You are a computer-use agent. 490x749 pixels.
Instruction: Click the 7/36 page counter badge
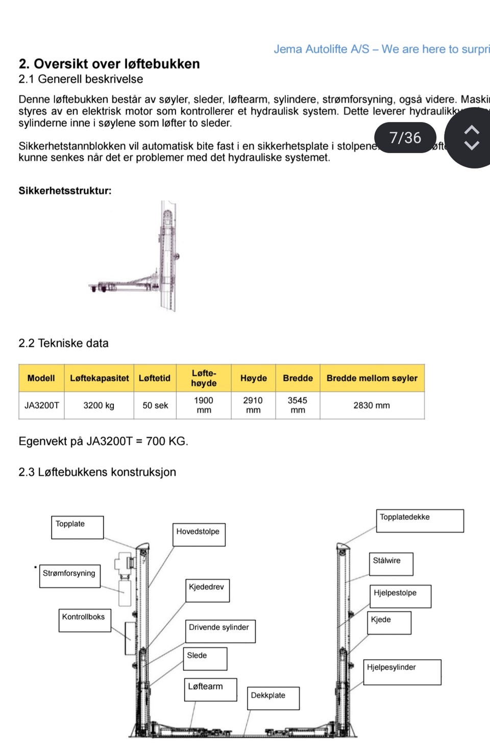pyautogui.click(x=405, y=138)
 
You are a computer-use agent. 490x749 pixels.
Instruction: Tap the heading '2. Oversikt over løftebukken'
pyautogui.click(x=109, y=64)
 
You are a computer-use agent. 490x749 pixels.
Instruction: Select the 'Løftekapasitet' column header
pyautogui.click(x=99, y=378)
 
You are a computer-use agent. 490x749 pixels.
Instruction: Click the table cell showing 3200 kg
pyautogui.click(x=99, y=405)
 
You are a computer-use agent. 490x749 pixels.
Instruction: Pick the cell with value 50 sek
pyautogui.click(x=155, y=405)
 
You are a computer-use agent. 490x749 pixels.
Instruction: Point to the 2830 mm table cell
pyautogui.click(x=372, y=405)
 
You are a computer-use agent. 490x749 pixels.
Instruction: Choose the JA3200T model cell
pyautogui.click(x=41, y=405)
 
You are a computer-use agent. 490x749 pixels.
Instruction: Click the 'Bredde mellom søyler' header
pyautogui.click(x=372, y=378)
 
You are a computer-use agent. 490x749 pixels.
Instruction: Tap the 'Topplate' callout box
pyautogui.click(x=77, y=527)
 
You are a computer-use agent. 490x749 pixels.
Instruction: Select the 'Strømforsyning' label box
pyautogui.click(x=69, y=576)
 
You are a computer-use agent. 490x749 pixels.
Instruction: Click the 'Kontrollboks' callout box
pyautogui.click(x=84, y=620)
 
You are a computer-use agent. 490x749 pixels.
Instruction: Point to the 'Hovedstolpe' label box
pyautogui.click(x=199, y=534)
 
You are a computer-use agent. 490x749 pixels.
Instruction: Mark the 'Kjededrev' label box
pyautogui.click(x=207, y=590)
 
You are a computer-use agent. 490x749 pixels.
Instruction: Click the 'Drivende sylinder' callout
pyautogui.click(x=219, y=631)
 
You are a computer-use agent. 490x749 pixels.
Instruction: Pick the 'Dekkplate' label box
pyautogui.click(x=273, y=698)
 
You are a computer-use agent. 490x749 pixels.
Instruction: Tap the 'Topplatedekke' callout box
pyautogui.click(x=420, y=520)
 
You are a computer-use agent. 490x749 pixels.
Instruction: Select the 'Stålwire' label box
pyautogui.click(x=390, y=564)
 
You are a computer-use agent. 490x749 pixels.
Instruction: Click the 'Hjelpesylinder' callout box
pyautogui.click(x=402, y=672)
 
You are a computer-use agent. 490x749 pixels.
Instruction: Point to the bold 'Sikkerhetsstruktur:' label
pyautogui.click(x=65, y=191)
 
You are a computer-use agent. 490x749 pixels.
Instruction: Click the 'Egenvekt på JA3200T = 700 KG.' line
pyautogui.click(x=103, y=441)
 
